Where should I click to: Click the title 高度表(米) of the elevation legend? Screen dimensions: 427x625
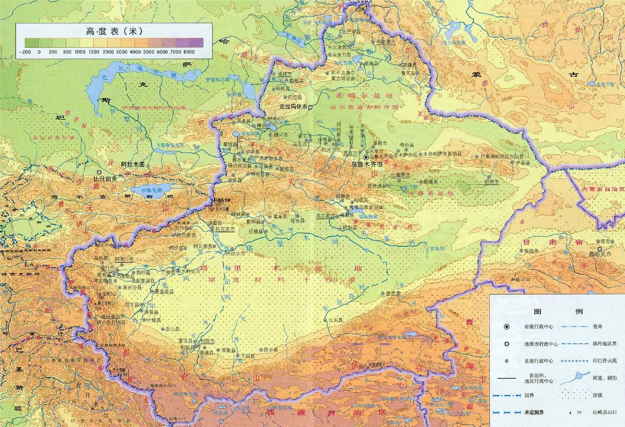(114, 31)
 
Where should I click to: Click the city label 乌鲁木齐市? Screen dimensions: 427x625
(367, 163)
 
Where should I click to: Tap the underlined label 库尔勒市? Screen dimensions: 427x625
(325, 216)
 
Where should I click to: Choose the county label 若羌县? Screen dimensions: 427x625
(393, 293)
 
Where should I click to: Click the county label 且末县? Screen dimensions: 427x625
(334, 320)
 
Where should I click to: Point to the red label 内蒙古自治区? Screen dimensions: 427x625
(601, 190)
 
